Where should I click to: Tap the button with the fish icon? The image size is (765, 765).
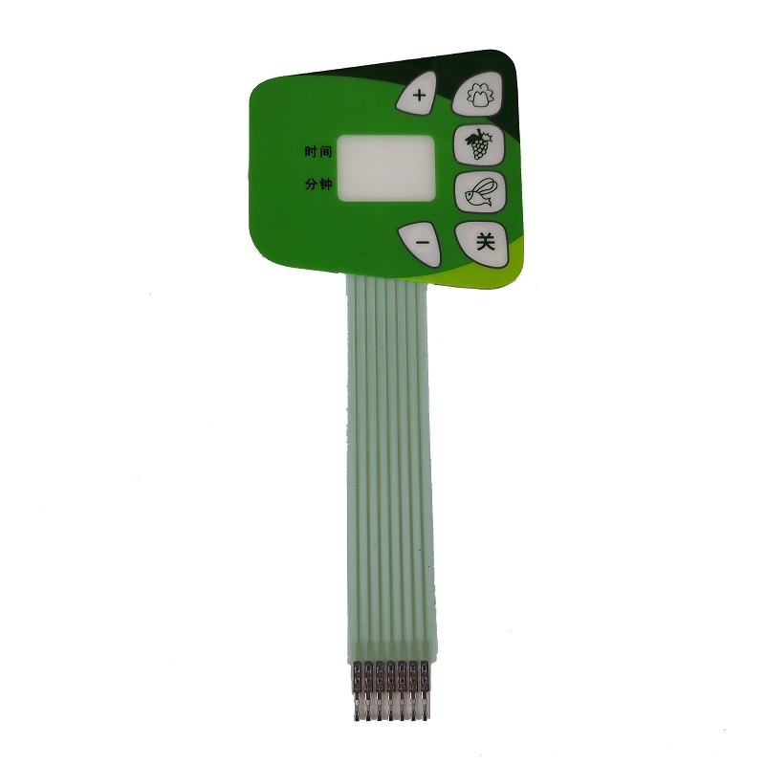(x=478, y=193)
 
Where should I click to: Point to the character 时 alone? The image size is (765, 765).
(x=312, y=151)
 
